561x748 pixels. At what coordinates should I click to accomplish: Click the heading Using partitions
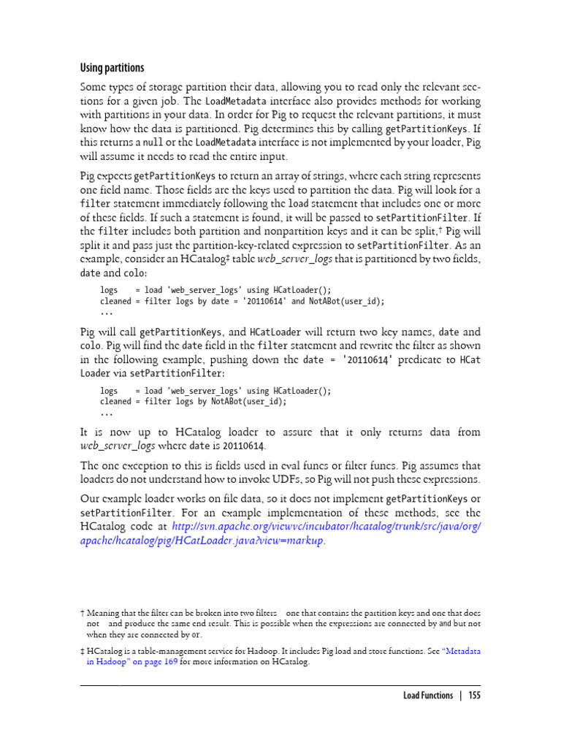point(112,68)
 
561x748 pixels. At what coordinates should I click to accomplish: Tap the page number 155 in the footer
point(475,695)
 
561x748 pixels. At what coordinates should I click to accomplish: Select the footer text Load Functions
point(428,695)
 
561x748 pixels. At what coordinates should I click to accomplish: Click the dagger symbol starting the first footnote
point(82,612)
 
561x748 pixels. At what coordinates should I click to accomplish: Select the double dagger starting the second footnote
point(82,650)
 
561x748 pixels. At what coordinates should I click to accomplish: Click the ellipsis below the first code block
point(107,312)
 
